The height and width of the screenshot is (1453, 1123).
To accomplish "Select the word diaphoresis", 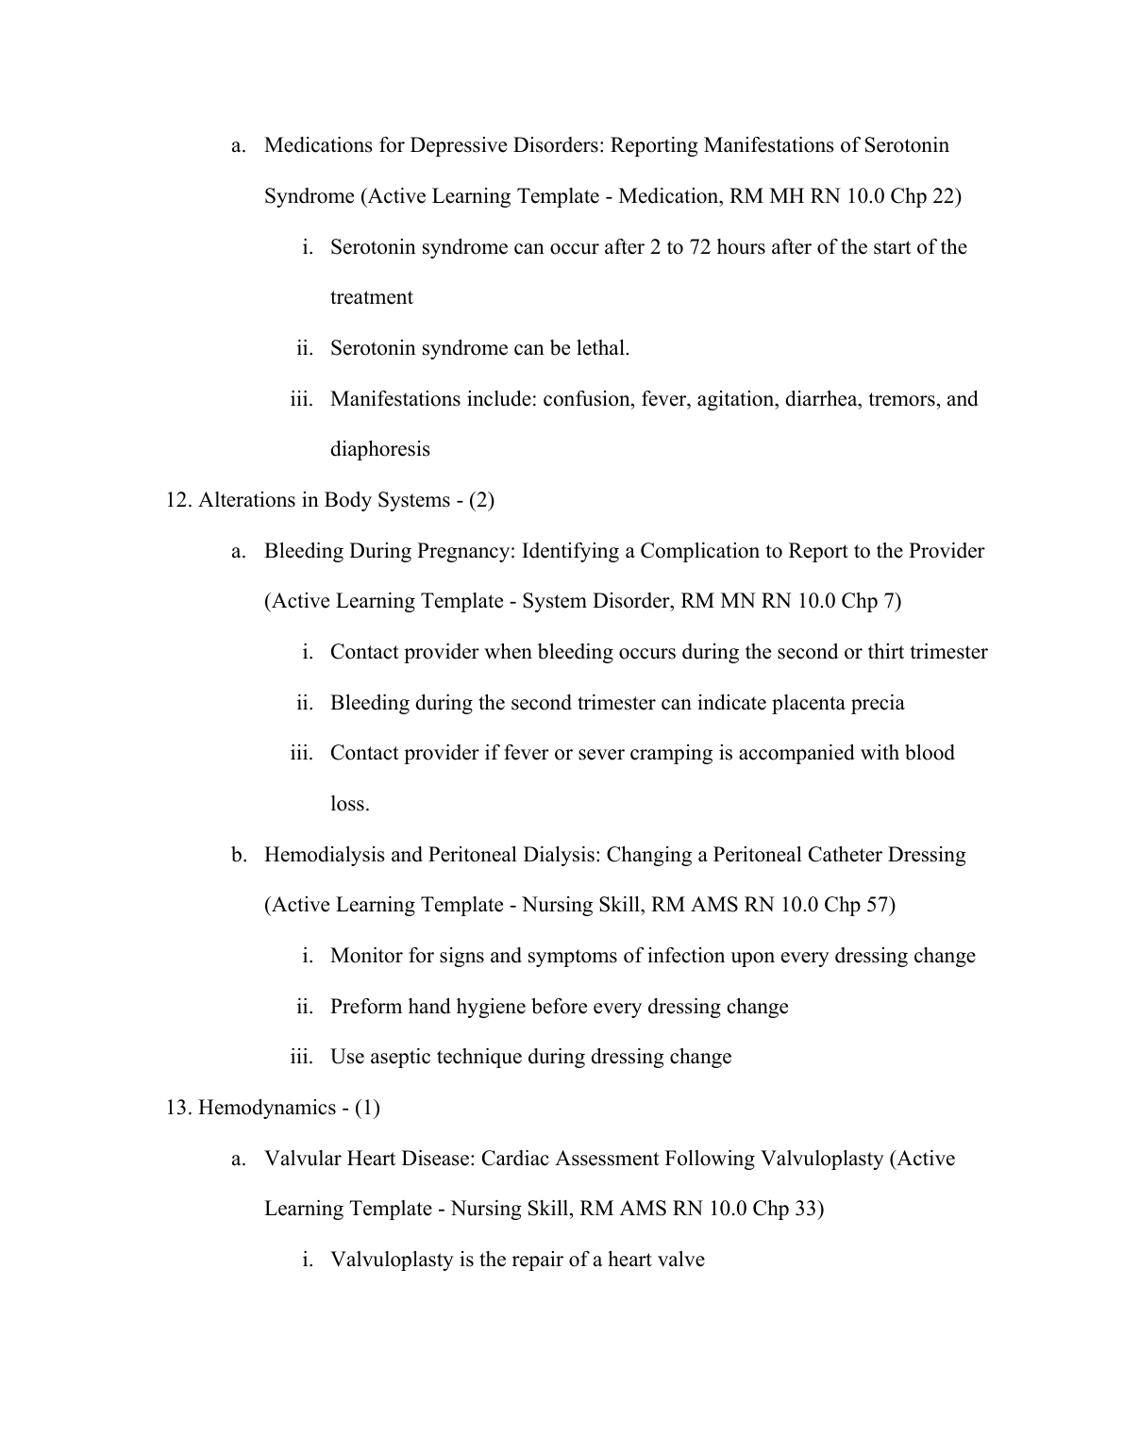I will [379, 449].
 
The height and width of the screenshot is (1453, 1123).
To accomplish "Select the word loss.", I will [349, 804].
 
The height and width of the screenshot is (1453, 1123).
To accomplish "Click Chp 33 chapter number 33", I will [808, 1209].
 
